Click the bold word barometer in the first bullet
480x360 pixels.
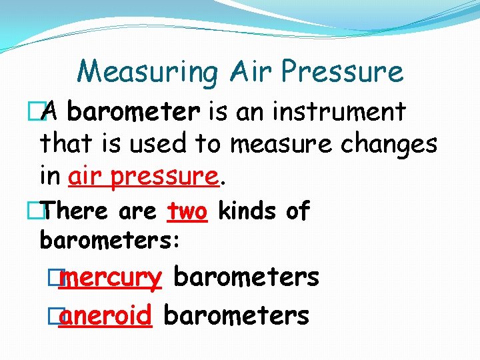point(133,111)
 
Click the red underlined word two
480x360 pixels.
point(188,211)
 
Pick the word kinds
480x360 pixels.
point(247,211)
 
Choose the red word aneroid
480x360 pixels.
point(105,315)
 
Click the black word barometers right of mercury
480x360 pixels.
point(246,277)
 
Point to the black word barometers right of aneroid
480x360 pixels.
point(236,315)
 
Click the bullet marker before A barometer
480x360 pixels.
point(45,113)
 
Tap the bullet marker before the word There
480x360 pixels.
point(45,211)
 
